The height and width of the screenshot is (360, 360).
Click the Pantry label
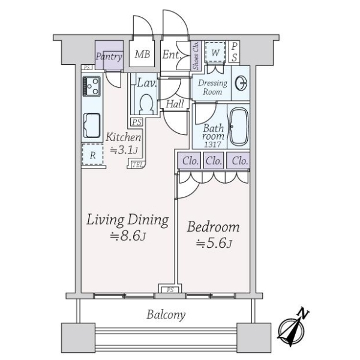click(109, 56)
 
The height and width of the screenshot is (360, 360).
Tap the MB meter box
click(142, 54)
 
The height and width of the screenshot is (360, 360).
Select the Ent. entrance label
click(172, 55)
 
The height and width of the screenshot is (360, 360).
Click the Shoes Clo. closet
click(196, 55)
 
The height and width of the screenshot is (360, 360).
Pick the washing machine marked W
click(215, 52)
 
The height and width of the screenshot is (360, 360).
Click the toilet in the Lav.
click(146, 104)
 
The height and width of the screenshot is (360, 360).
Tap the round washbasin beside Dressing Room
click(241, 83)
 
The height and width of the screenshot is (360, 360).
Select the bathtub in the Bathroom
click(239, 126)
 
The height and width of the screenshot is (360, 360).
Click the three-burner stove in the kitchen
click(92, 86)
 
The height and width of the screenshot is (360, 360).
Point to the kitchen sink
click(92, 125)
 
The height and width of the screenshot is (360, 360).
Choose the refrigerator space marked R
click(92, 154)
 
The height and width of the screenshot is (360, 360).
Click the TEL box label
click(137, 164)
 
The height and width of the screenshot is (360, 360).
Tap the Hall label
click(175, 104)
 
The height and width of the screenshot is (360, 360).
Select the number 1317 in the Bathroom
click(212, 145)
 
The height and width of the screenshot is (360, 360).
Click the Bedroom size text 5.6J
click(214, 244)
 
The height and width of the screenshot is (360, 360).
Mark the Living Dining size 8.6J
click(128, 236)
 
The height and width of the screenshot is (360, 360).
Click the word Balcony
click(166, 315)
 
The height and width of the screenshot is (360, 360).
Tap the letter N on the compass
click(303, 313)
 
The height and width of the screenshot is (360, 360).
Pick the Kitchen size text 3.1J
click(124, 150)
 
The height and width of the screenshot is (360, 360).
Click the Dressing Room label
click(212, 87)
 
